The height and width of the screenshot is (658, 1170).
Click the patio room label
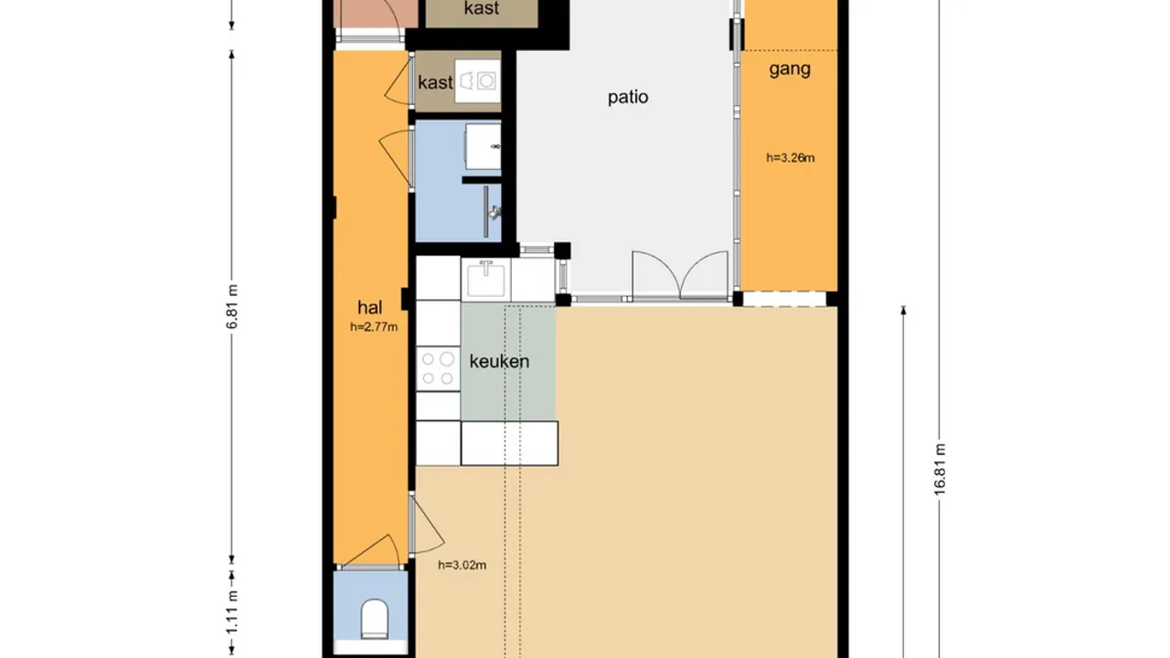tap(628, 97)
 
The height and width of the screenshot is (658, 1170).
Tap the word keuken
tap(499, 361)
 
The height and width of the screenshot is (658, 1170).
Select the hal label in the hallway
tap(370, 307)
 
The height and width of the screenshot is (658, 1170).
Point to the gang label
tap(790, 69)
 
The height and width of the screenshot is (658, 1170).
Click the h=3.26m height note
tap(790, 157)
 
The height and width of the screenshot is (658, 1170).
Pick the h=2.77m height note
tap(374, 326)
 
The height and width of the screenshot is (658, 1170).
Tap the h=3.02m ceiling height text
tap(462, 565)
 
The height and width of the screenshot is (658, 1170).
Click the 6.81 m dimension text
tap(232, 307)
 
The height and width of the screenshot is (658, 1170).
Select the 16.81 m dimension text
tap(940, 469)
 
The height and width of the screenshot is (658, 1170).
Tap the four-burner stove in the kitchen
tap(438, 368)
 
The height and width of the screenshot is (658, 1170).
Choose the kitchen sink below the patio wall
tap(486, 278)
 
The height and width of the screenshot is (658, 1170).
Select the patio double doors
tap(679, 275)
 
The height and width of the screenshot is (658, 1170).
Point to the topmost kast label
tap(482, 9)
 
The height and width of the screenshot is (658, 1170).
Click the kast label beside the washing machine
tap(435, 82)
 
